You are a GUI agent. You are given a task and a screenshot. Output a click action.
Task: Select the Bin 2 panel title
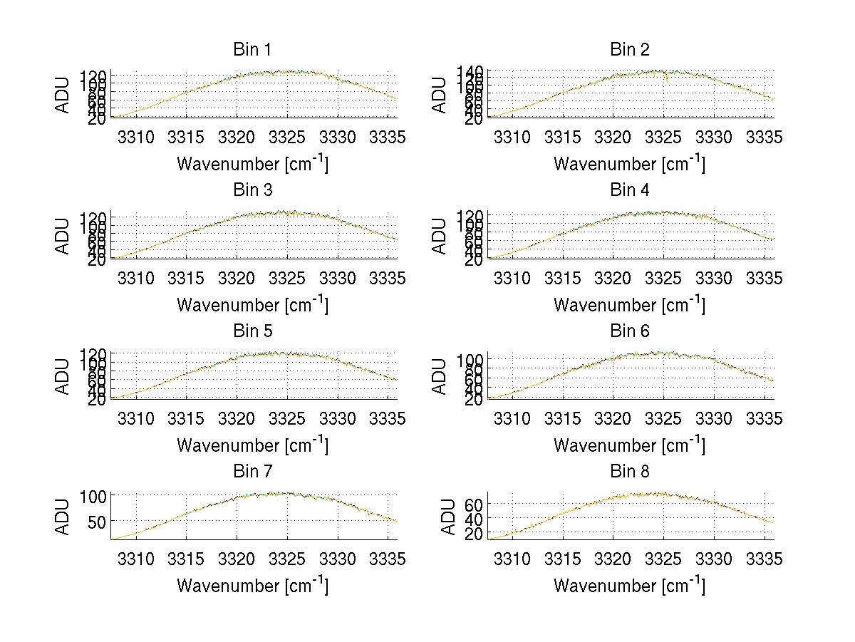pyautogui.click(x=629, y=50)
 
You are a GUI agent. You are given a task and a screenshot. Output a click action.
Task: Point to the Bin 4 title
pyautogui.click(x=629, y=190)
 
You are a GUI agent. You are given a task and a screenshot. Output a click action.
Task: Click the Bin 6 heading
pyautogui.click(x=629, y=331)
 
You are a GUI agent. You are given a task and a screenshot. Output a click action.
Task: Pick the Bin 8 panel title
pyautogui.click(x=629, y=472)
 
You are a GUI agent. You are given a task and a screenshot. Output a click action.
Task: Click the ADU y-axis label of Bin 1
pyautogui.click(x=64, y=94)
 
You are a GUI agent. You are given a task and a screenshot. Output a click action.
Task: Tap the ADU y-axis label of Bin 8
pyautogui.click(x=448, y=517)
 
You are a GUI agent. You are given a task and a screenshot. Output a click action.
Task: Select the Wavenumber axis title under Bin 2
pyautogui.click(x=629, y=164)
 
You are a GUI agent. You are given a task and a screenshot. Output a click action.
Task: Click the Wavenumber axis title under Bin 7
pyautogui.click(x=252, y=586)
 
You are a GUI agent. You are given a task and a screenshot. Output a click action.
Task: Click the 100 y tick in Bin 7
pyautogui.click(x=93, y=495)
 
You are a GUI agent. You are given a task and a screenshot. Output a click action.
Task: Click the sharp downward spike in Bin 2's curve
pyautogui.click(x=667, y=79)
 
